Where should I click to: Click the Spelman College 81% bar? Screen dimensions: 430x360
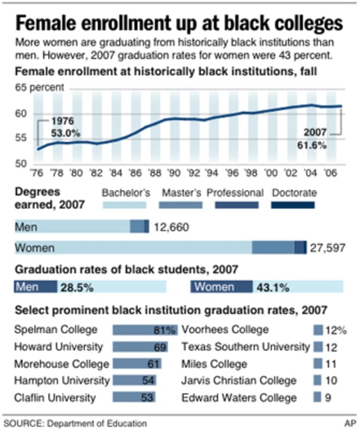pyautogui.click(x=145, y=330)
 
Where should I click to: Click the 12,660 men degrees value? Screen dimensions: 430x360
pyautogui.click(x=172, y=226)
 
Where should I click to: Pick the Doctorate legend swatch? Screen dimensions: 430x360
pyautogui.click(x=293, y=205)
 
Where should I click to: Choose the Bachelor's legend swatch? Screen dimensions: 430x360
pyautogui.click(x=127, y=205)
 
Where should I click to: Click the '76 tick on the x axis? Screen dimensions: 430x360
pyautogui.click(x=38, y=172)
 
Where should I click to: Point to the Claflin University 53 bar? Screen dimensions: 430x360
pyautogui.click(x=133, y=398)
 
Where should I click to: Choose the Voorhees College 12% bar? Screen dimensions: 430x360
pyautogui.click(x=318, y=330)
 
